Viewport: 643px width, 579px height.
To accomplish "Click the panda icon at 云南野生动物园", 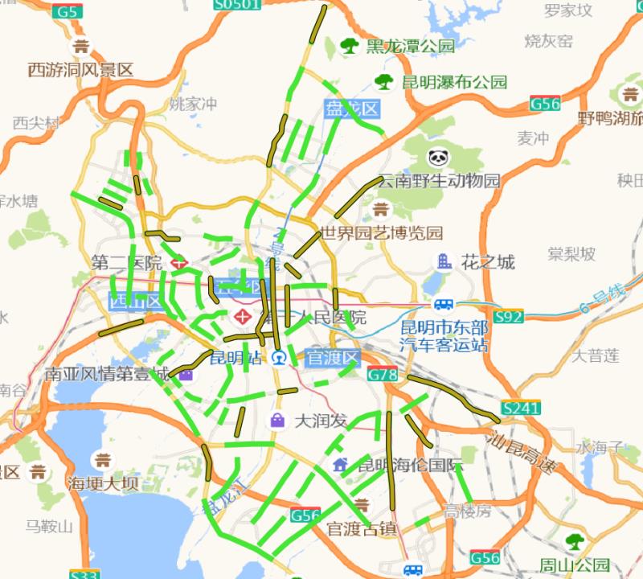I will tap(438, 158).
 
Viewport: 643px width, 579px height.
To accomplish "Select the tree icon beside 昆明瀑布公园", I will tap(385, 81).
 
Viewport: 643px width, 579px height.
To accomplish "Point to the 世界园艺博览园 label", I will tap(382, 234).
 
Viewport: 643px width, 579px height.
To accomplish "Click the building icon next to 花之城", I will tap(443, 261).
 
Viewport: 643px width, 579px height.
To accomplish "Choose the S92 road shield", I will tap(509, 317).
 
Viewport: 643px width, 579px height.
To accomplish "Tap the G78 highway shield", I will tap(383, 375).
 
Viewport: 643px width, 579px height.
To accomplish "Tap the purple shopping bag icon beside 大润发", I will tap(276, 420).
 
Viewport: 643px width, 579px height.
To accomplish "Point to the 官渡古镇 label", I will tap(362, 528).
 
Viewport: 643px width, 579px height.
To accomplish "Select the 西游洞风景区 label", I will tap(80, 70).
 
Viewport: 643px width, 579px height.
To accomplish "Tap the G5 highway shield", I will tap(68, 11).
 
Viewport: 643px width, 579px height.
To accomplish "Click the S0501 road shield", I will tap(238, 5).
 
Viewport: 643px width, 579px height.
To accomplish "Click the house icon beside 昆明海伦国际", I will tap(341, 465).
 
